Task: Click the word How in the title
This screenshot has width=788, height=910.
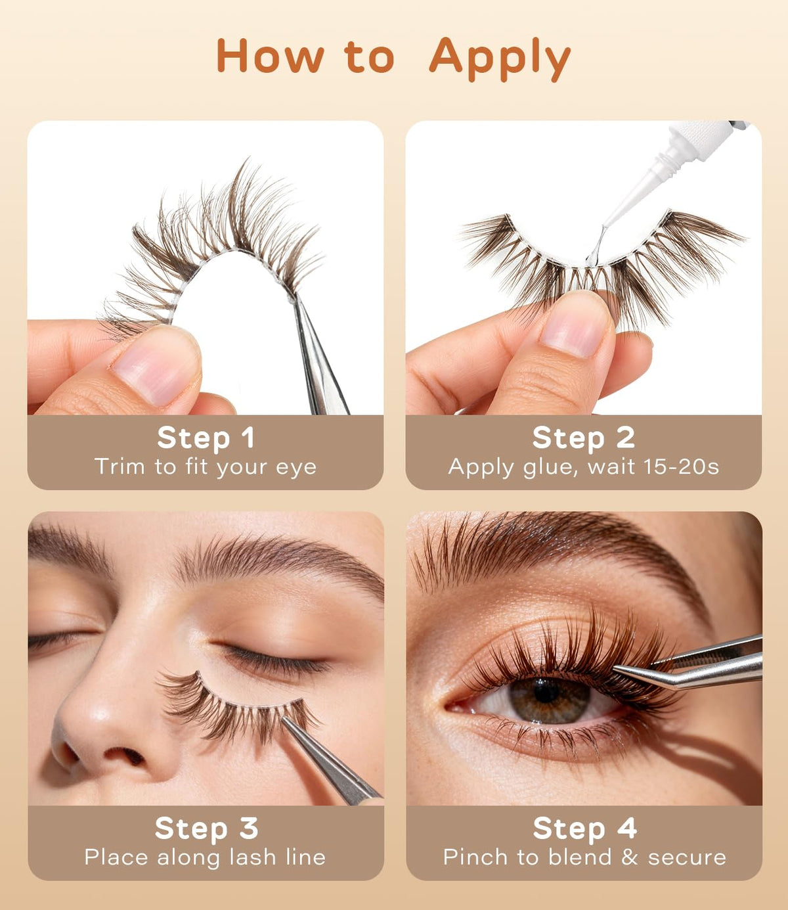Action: pos(270,55)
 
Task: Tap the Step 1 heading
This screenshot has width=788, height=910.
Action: pos(206,438)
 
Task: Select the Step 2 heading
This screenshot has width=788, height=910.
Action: pos(583,438)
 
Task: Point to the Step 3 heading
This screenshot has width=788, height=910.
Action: pos(206,828)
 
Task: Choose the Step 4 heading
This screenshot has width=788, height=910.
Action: pos(584,828)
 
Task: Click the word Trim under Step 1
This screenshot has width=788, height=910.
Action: pos(120,466)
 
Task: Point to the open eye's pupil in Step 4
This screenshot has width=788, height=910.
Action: pos(546,691)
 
